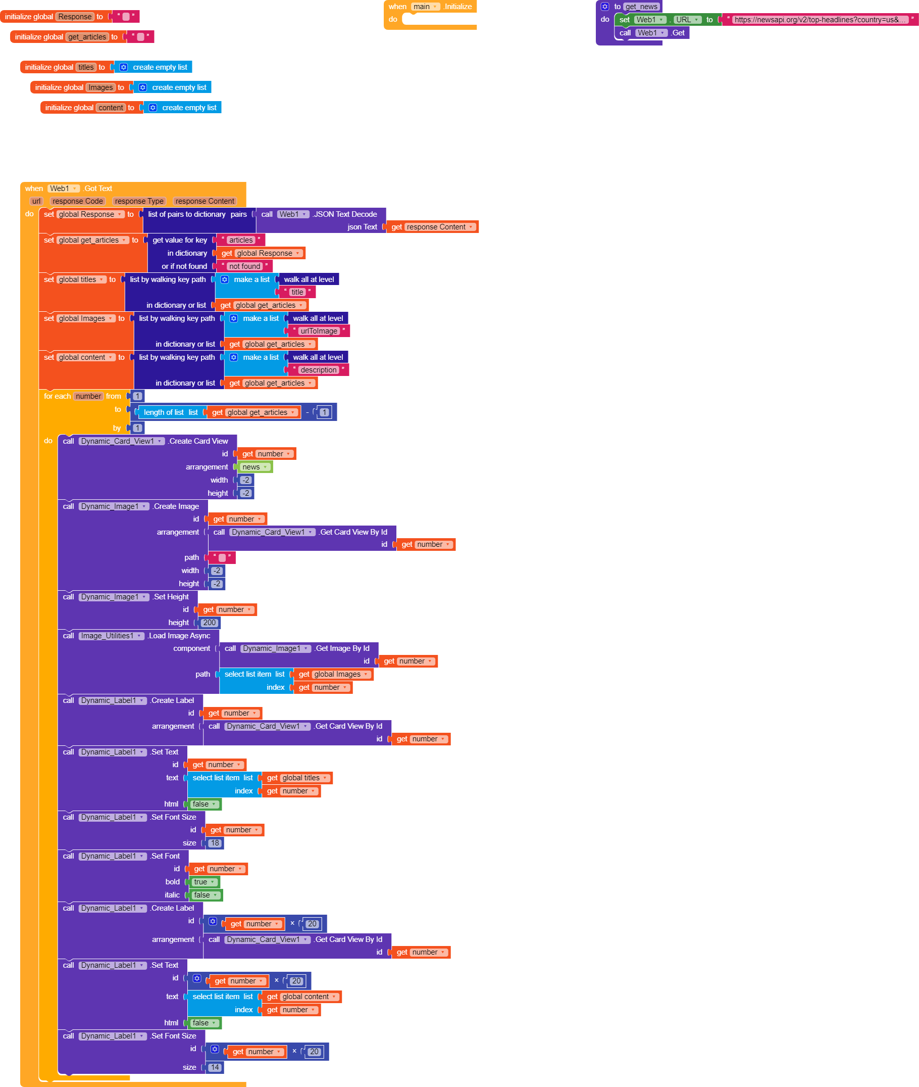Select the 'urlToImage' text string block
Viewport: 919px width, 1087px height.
tap(319, 331)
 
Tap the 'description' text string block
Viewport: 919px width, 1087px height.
tap(318, 370)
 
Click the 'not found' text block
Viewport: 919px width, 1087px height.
tap(244, 266)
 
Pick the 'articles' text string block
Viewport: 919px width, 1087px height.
tap(241, 241)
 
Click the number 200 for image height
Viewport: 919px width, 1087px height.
tap(210, 623)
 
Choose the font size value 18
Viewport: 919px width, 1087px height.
tap(215, 843)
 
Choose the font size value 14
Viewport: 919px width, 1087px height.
tap(215, 1068)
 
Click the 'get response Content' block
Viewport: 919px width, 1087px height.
tap(432, 227)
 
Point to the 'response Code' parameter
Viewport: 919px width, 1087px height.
tap(78, 201)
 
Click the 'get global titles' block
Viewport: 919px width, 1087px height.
tap(297, 778)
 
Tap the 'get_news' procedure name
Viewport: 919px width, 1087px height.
tap(641, 7)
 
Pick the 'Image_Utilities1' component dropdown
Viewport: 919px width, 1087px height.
tap(111, 636)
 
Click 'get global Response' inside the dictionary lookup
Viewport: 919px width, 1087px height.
tap(261, 253)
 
